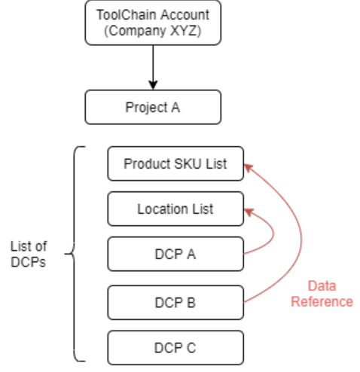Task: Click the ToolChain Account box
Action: coord(153,23)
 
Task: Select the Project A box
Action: coord(153,107)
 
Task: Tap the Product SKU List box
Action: coord(175,163)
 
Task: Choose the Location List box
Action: coord(175,209)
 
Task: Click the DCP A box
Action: coord(175,254)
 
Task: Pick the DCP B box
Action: coord(175,303)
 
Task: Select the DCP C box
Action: coord(175,348)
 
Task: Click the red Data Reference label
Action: coord(322,294)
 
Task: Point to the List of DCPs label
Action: coord(29,254)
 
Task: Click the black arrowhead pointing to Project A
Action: coord(153,85)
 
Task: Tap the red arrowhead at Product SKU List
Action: coord(249,168)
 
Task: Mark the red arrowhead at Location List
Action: coord(249,212)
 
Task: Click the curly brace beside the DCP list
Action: coord(74,254)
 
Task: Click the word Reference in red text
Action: coord(322,301)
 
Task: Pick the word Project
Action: coord(146,108)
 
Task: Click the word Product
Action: coord(147,163)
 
